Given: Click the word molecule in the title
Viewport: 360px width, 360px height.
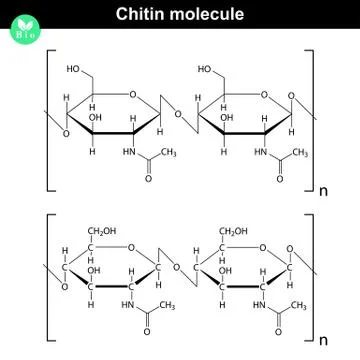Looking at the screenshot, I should coord(212,15).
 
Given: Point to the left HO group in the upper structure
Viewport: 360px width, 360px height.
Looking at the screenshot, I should coord(75,70).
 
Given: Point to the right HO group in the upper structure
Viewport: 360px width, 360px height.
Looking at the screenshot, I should coord(205,70).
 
